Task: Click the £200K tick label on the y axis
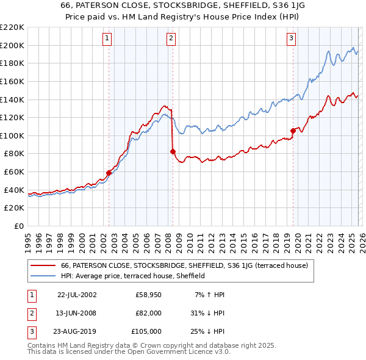point(12,45)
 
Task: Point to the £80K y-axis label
point(14,154)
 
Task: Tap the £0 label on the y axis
point(18,226)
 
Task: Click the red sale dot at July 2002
point(109,173)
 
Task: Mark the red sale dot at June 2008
point(173,151)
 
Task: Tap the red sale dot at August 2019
point(293,131)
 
